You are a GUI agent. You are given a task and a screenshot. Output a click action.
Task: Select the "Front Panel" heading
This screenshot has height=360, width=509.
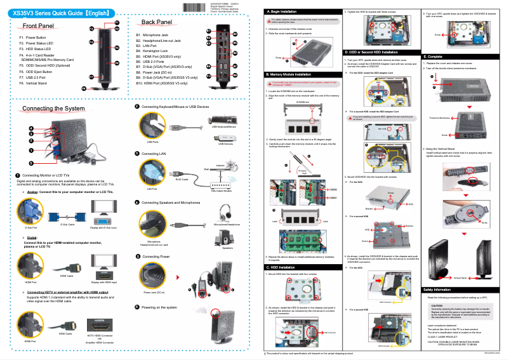(x=37, y=25)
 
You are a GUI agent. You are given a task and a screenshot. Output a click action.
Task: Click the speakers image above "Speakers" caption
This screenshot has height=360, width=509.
(x=227, y=237)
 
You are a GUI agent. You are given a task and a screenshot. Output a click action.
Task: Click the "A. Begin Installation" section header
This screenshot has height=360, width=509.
(x=283, y=11)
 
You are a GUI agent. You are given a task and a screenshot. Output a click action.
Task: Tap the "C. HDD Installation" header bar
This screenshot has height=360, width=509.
(x=281, y=267)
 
